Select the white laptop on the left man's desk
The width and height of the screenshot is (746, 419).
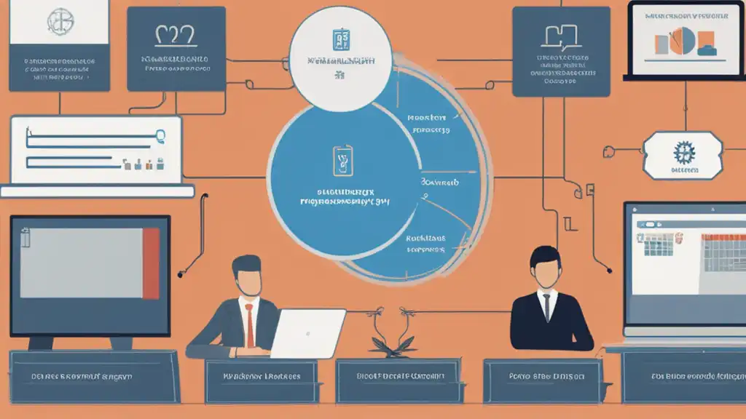(x=307, y=333)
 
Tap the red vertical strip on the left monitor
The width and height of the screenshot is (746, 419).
(x=151, y=263)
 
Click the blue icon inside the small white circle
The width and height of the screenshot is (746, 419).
(x=340, y=40)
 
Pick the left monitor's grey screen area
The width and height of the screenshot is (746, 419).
(x=80, y=263)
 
